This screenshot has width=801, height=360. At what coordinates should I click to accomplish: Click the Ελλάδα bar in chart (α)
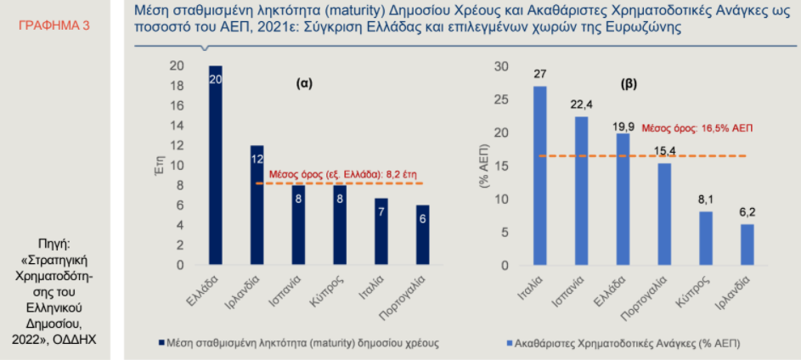(215, 165)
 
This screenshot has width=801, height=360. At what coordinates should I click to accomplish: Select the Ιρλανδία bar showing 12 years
(257, 205)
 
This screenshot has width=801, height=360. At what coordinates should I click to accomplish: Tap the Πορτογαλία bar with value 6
(422, 235)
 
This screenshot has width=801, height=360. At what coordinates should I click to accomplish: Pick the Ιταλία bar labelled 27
(540, 176)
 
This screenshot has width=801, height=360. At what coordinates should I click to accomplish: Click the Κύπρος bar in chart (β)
(706, 239)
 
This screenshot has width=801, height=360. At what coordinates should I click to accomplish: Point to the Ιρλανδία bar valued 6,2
(747, 245)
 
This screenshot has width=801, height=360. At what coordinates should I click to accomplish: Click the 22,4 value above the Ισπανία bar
(581, 104)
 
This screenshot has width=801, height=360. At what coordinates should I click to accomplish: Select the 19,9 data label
(623, 127)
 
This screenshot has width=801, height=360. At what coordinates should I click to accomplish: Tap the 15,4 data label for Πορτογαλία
(664, 152)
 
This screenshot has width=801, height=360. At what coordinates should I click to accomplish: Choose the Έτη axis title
(159, 166)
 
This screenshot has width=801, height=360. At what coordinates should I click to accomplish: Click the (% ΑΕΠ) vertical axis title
(483, 166)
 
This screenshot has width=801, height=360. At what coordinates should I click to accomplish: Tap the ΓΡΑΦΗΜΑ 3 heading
(54, 25)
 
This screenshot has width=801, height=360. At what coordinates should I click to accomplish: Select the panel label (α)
(304, 84)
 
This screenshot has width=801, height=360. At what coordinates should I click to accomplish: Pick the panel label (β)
(629, 84)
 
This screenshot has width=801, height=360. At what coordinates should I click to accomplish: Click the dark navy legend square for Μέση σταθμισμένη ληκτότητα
(162, 343)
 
